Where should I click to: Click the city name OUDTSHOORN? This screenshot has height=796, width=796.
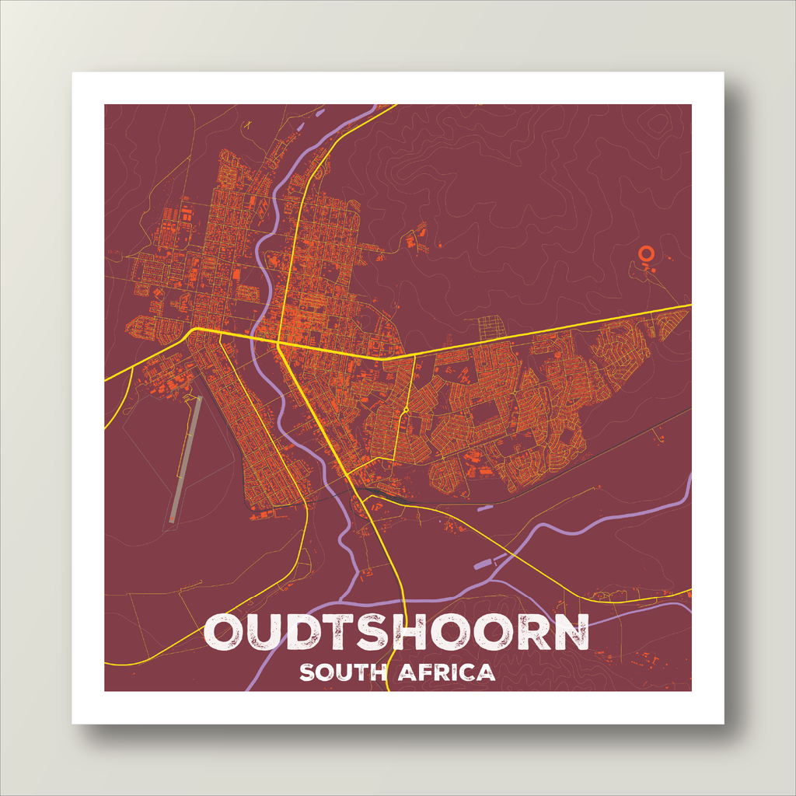(x=396, y=633)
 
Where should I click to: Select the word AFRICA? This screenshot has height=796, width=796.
(x=446, y=672)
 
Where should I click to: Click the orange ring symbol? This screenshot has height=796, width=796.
(x=644, y=253)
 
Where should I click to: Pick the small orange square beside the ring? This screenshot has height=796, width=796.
(x=653, y=270)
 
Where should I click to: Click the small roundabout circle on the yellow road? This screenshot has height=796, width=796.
(x=406, y=410)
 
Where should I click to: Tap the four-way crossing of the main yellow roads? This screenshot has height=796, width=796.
(x=278, y=342)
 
